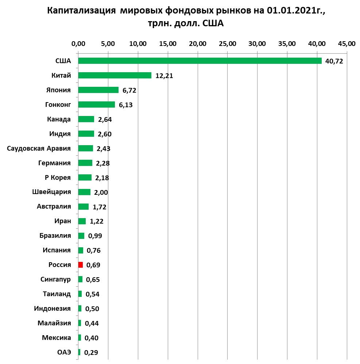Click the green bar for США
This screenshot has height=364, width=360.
click(200, 61)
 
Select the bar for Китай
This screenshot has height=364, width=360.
click(115, 75)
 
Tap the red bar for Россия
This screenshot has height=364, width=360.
click(81, 265)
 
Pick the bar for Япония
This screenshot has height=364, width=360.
click(98, 90)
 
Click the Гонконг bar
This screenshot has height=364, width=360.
click(96, 104)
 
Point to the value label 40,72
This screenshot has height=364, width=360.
click(334, 61)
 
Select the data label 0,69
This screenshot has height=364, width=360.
click(93, 265)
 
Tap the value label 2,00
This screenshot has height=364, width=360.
click(101, 192)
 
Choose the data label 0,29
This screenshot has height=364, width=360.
click(91, 353)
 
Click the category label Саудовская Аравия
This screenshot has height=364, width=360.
click(39, 148)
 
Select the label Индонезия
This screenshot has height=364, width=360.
click(52, 309)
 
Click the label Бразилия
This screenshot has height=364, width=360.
click(55, 236)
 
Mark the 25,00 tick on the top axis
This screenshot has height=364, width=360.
click(228, 44)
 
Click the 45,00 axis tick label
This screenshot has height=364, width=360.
click(347, 44)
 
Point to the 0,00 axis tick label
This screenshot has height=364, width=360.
click(78, 44)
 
